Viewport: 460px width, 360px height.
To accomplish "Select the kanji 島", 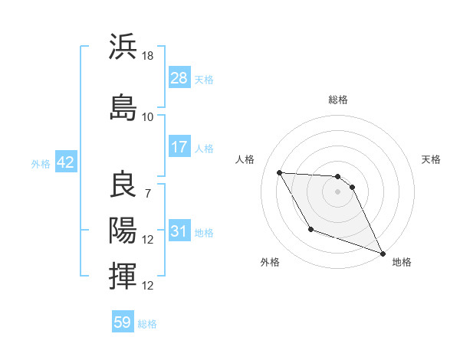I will [x=123, y=107].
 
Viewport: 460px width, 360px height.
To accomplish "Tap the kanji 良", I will [x=123, y=185].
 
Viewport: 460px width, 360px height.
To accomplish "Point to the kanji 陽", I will [x=123, y=231].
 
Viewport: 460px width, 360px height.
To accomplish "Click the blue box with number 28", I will [x=179, y=78].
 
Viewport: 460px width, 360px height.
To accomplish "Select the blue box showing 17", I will [x=179, y=147].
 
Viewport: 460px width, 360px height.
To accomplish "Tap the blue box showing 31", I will [x=179, y=231].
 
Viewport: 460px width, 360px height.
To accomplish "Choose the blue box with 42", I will [x=64, y=162].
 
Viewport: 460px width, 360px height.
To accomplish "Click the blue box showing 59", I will [x=123, y=322].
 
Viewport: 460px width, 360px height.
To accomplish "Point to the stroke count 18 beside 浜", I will [x=148, y=56].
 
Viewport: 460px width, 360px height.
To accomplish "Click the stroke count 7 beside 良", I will [x=148, y=193].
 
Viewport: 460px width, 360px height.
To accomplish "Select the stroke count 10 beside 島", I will [x=148, y=116].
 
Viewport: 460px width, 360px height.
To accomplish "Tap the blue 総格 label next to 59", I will [x=147, y=324].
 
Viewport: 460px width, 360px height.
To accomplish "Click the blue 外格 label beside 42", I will [x=41, y=163].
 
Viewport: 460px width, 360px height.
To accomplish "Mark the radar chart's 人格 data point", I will [x=279, y=172].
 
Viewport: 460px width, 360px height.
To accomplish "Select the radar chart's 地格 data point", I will [x=383, y=253].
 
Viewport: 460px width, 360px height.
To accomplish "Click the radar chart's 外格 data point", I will [x=310, y=229].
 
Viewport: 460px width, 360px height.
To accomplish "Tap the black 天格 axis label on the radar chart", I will [x=431, y=159].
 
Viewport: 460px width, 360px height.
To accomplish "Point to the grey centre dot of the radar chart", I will [x=337, y=191].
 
